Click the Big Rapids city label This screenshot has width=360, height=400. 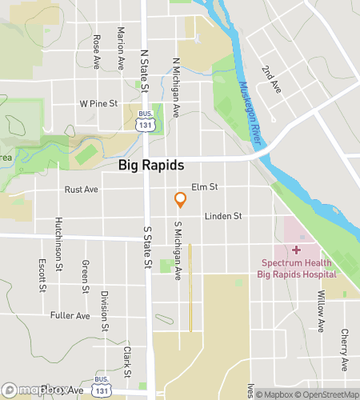pyautogui.click(x=151, y=166)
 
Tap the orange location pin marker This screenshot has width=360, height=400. pyautogui.click(x=181, y=201)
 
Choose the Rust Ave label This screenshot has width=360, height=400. pyautogui.click(x=81, y=190)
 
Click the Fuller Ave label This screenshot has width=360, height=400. pyautogui.click(x=70, y=315)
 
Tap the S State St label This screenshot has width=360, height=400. pyautogui.click(x=147, y=248)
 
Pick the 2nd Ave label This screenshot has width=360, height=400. pyautogui.click(x=275, y=76)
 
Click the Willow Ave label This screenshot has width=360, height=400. pyautogui.click(x=319, y=310)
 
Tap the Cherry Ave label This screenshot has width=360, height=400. pyautogui.click(x=343, y=349)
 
